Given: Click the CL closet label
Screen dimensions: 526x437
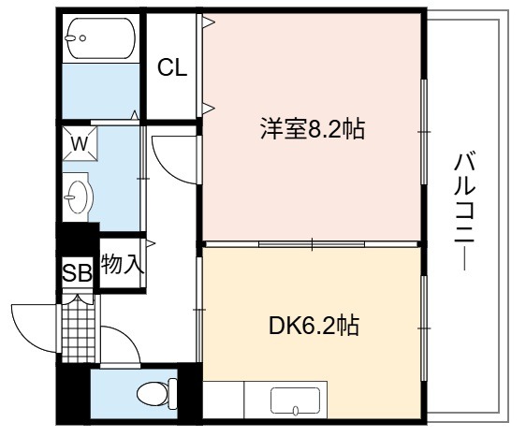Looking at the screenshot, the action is [172, 67].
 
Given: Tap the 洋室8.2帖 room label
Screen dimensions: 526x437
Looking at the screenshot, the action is [313, 129].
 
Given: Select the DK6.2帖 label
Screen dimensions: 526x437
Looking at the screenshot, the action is [314, 326].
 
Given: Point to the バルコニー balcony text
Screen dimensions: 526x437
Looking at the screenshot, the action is [464, 211].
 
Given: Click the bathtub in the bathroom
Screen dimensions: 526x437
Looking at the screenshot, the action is [101, 37].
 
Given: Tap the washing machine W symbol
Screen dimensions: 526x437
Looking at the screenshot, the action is [80, 143].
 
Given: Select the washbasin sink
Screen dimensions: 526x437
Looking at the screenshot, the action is [77, 197].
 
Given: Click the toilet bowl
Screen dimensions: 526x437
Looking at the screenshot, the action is [153, 394].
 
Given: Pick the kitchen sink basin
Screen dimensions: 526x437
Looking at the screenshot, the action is [295, 401].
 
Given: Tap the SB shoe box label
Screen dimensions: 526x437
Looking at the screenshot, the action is [77, 272].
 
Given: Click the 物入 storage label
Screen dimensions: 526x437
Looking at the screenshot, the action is [123, 264].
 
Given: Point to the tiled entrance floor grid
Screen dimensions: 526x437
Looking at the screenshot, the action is [79, 328].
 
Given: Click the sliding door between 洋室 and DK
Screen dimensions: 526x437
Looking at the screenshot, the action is [312, 244].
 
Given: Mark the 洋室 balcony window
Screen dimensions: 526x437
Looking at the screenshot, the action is [424, 131].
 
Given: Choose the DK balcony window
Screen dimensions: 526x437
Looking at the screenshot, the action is [424, 328].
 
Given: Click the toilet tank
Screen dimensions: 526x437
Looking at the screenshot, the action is [173, 394].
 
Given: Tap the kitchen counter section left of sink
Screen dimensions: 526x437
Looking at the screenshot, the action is [224, 400].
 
